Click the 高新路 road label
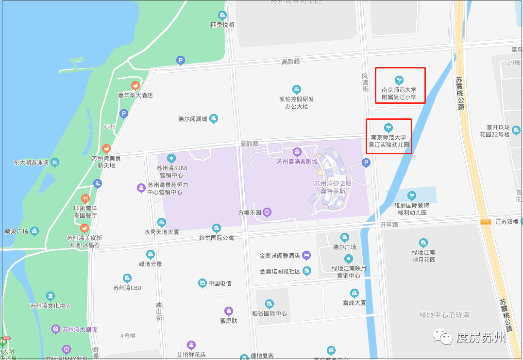pyautogui.click(x=291, y=62)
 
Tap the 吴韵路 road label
pyautogui.click(x=250, y=144)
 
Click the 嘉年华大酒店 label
pyautogui.click(x=135, y=95)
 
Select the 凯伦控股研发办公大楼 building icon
pyautogui.click(x=296, y=89)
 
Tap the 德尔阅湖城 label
pyautogui.click(x=193, y=119)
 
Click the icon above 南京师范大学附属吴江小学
pyautogui.click(x=399, y=80)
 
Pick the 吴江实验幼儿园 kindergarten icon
pyautogui.click(x=388, y=128)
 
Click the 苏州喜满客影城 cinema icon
pyautogui.click(x=297, y=152)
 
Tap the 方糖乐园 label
pyautogui.click(x=250, y=213)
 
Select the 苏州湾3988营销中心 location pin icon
pyautogui.click(x=171, y=158)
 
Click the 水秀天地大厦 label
pyautogui.click(x=162, y=232)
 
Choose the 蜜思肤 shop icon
pyautogui.click(x=228, y=311)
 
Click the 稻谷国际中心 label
pyautogui.click(x=270, y=313)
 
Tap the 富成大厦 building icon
pyautogui.click(x=354, y=293)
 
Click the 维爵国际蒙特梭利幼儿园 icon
pyautogui.click(x=412, y=196)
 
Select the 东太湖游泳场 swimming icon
pyautogui.click(x=55, y=162)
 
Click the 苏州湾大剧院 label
pyautogui.click(x=81, y=329)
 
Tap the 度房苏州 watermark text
pyautogui.click(x=481, y=338)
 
